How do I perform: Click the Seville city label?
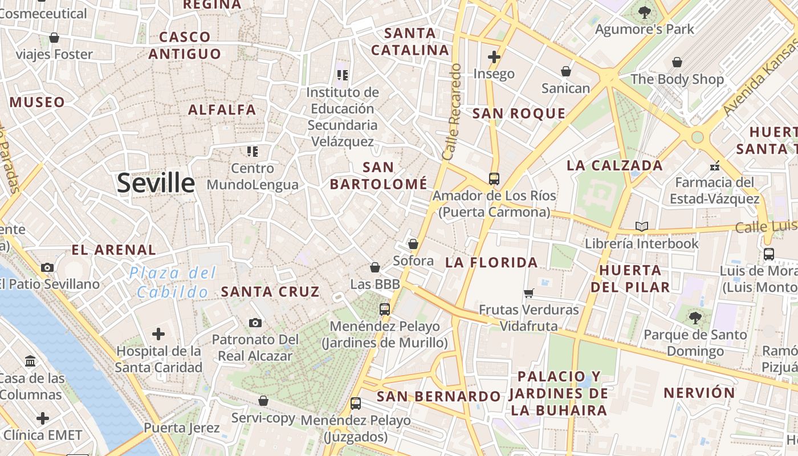(x=156, y=183)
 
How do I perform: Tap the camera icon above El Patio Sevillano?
(x=47, y=267)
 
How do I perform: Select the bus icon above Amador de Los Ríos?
(x=494, y=178)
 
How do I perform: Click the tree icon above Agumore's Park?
(x=645, y=12)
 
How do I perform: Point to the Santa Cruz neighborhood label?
(x=270, y=292)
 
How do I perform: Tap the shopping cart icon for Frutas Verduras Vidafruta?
(x=529, y=293)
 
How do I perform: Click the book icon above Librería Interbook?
(x=642, y=227)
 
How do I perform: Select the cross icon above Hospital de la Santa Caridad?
(x=158, y=333)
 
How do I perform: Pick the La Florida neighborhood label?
(x=491, y=263)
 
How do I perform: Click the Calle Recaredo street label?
(x=451, y=112)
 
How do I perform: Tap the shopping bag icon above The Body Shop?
(x=677, y=62)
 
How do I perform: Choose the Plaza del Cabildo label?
(x=173, y=282)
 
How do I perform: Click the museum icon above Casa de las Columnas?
(x=31, y=361)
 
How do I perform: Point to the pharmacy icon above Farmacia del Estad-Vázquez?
(x=715, y=166)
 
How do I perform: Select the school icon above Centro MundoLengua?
(x=253, y=152)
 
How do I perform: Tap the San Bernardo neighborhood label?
(x=439, y=396)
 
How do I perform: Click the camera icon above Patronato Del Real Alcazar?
(x=255, y=323)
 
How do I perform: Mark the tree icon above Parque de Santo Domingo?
(x=695, y=317)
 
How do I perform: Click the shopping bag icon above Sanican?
(x=565, y=71)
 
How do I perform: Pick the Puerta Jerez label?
(x=181, y=427)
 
